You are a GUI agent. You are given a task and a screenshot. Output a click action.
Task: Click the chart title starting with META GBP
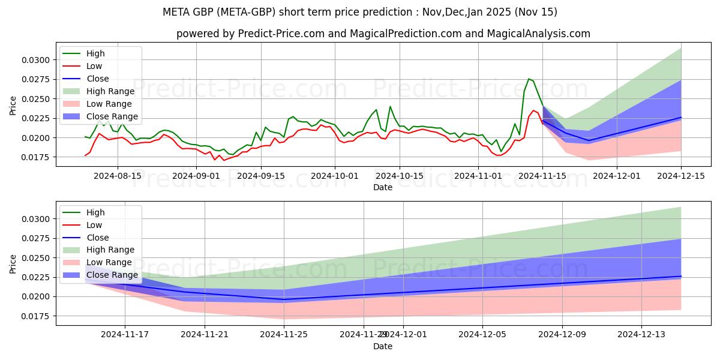(359, 12)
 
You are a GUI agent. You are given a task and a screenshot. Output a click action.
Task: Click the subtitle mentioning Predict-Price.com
(383, 34)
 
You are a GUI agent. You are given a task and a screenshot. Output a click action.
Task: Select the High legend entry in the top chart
(96, 53)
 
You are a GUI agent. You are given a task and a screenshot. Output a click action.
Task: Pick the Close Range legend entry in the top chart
(112, 116)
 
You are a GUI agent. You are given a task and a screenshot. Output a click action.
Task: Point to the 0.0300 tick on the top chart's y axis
(37, 60)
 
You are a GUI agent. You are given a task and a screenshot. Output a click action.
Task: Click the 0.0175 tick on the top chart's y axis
(37, 157)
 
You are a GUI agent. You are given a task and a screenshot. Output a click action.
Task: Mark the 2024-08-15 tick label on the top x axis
(117, 176)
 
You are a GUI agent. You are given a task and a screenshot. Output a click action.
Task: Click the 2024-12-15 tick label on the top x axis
(681, 176)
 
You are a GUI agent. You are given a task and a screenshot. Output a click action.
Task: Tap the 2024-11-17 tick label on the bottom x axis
(125, 335)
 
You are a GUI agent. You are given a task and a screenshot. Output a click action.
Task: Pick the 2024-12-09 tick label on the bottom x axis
(562, 335)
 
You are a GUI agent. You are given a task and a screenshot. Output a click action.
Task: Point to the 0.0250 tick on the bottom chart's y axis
(37, 258)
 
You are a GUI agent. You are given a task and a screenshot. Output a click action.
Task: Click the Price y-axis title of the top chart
(13, 105)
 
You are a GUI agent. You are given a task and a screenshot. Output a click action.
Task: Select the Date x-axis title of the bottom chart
(383, 346)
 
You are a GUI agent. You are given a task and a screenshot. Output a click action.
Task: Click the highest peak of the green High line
(529, 79)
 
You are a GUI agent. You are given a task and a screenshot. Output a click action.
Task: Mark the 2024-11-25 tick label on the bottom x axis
(284, 335)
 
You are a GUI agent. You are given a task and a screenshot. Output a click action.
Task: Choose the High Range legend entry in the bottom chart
(111, 250)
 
